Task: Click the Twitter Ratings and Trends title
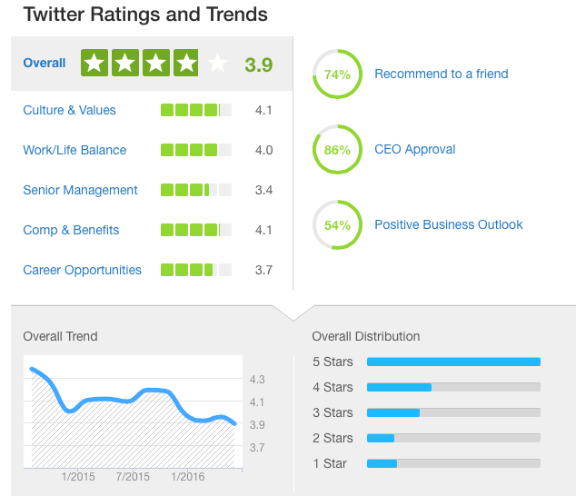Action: tap(145, 15)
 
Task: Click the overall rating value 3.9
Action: tap(259, 64)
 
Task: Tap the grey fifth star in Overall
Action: tap(216, 64)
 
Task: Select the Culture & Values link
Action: tap(70, 110)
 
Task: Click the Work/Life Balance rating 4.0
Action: tap(263, 150)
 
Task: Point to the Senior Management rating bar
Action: tap(195, 190)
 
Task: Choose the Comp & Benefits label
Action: tap(71, 230)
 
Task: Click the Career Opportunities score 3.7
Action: tap(263, 270)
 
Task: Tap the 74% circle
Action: tap(337, 74)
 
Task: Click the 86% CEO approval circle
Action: tap(337, 150)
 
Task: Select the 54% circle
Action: tap(337, 224)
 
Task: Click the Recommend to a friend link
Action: tap(442, 74)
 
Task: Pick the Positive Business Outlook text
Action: tap(449, 224)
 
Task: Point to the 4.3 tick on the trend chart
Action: tap(256, 380)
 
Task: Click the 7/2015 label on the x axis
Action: tap(133, 476)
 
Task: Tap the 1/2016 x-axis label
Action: tap(187, 476)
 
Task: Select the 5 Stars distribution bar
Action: tap(453, 362)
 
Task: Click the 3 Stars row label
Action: tap(333, 412)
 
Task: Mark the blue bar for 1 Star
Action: tap(382, 463)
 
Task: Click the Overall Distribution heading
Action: tap(366, 336)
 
